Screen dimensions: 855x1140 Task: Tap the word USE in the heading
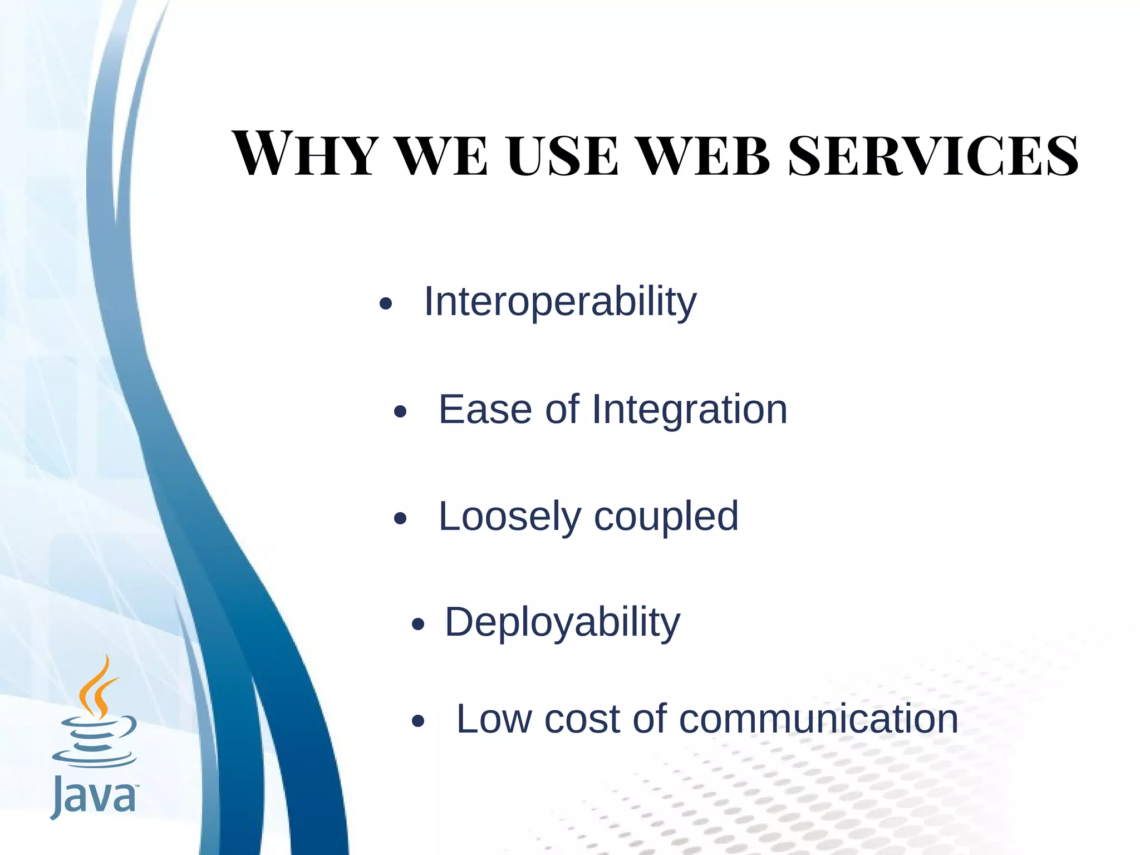pyautogui.click(x=562, y=156)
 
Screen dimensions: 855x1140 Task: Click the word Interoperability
pyautogui.click(x=560, y=302)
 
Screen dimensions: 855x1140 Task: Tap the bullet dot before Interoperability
pyautogui.click(x=385, y=304)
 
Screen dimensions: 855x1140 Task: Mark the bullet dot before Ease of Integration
pyautogui.click(x=400, y=412)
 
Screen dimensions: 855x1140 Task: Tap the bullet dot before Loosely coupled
pyautogui.click(x=400, y=519)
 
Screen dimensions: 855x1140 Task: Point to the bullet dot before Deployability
pyautogui.click(x=418, y=625)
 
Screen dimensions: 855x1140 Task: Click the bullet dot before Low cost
pyautogui.click(x=418, y=722)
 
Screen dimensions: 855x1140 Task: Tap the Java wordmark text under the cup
pyautogui.click(x=93, y=797)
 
